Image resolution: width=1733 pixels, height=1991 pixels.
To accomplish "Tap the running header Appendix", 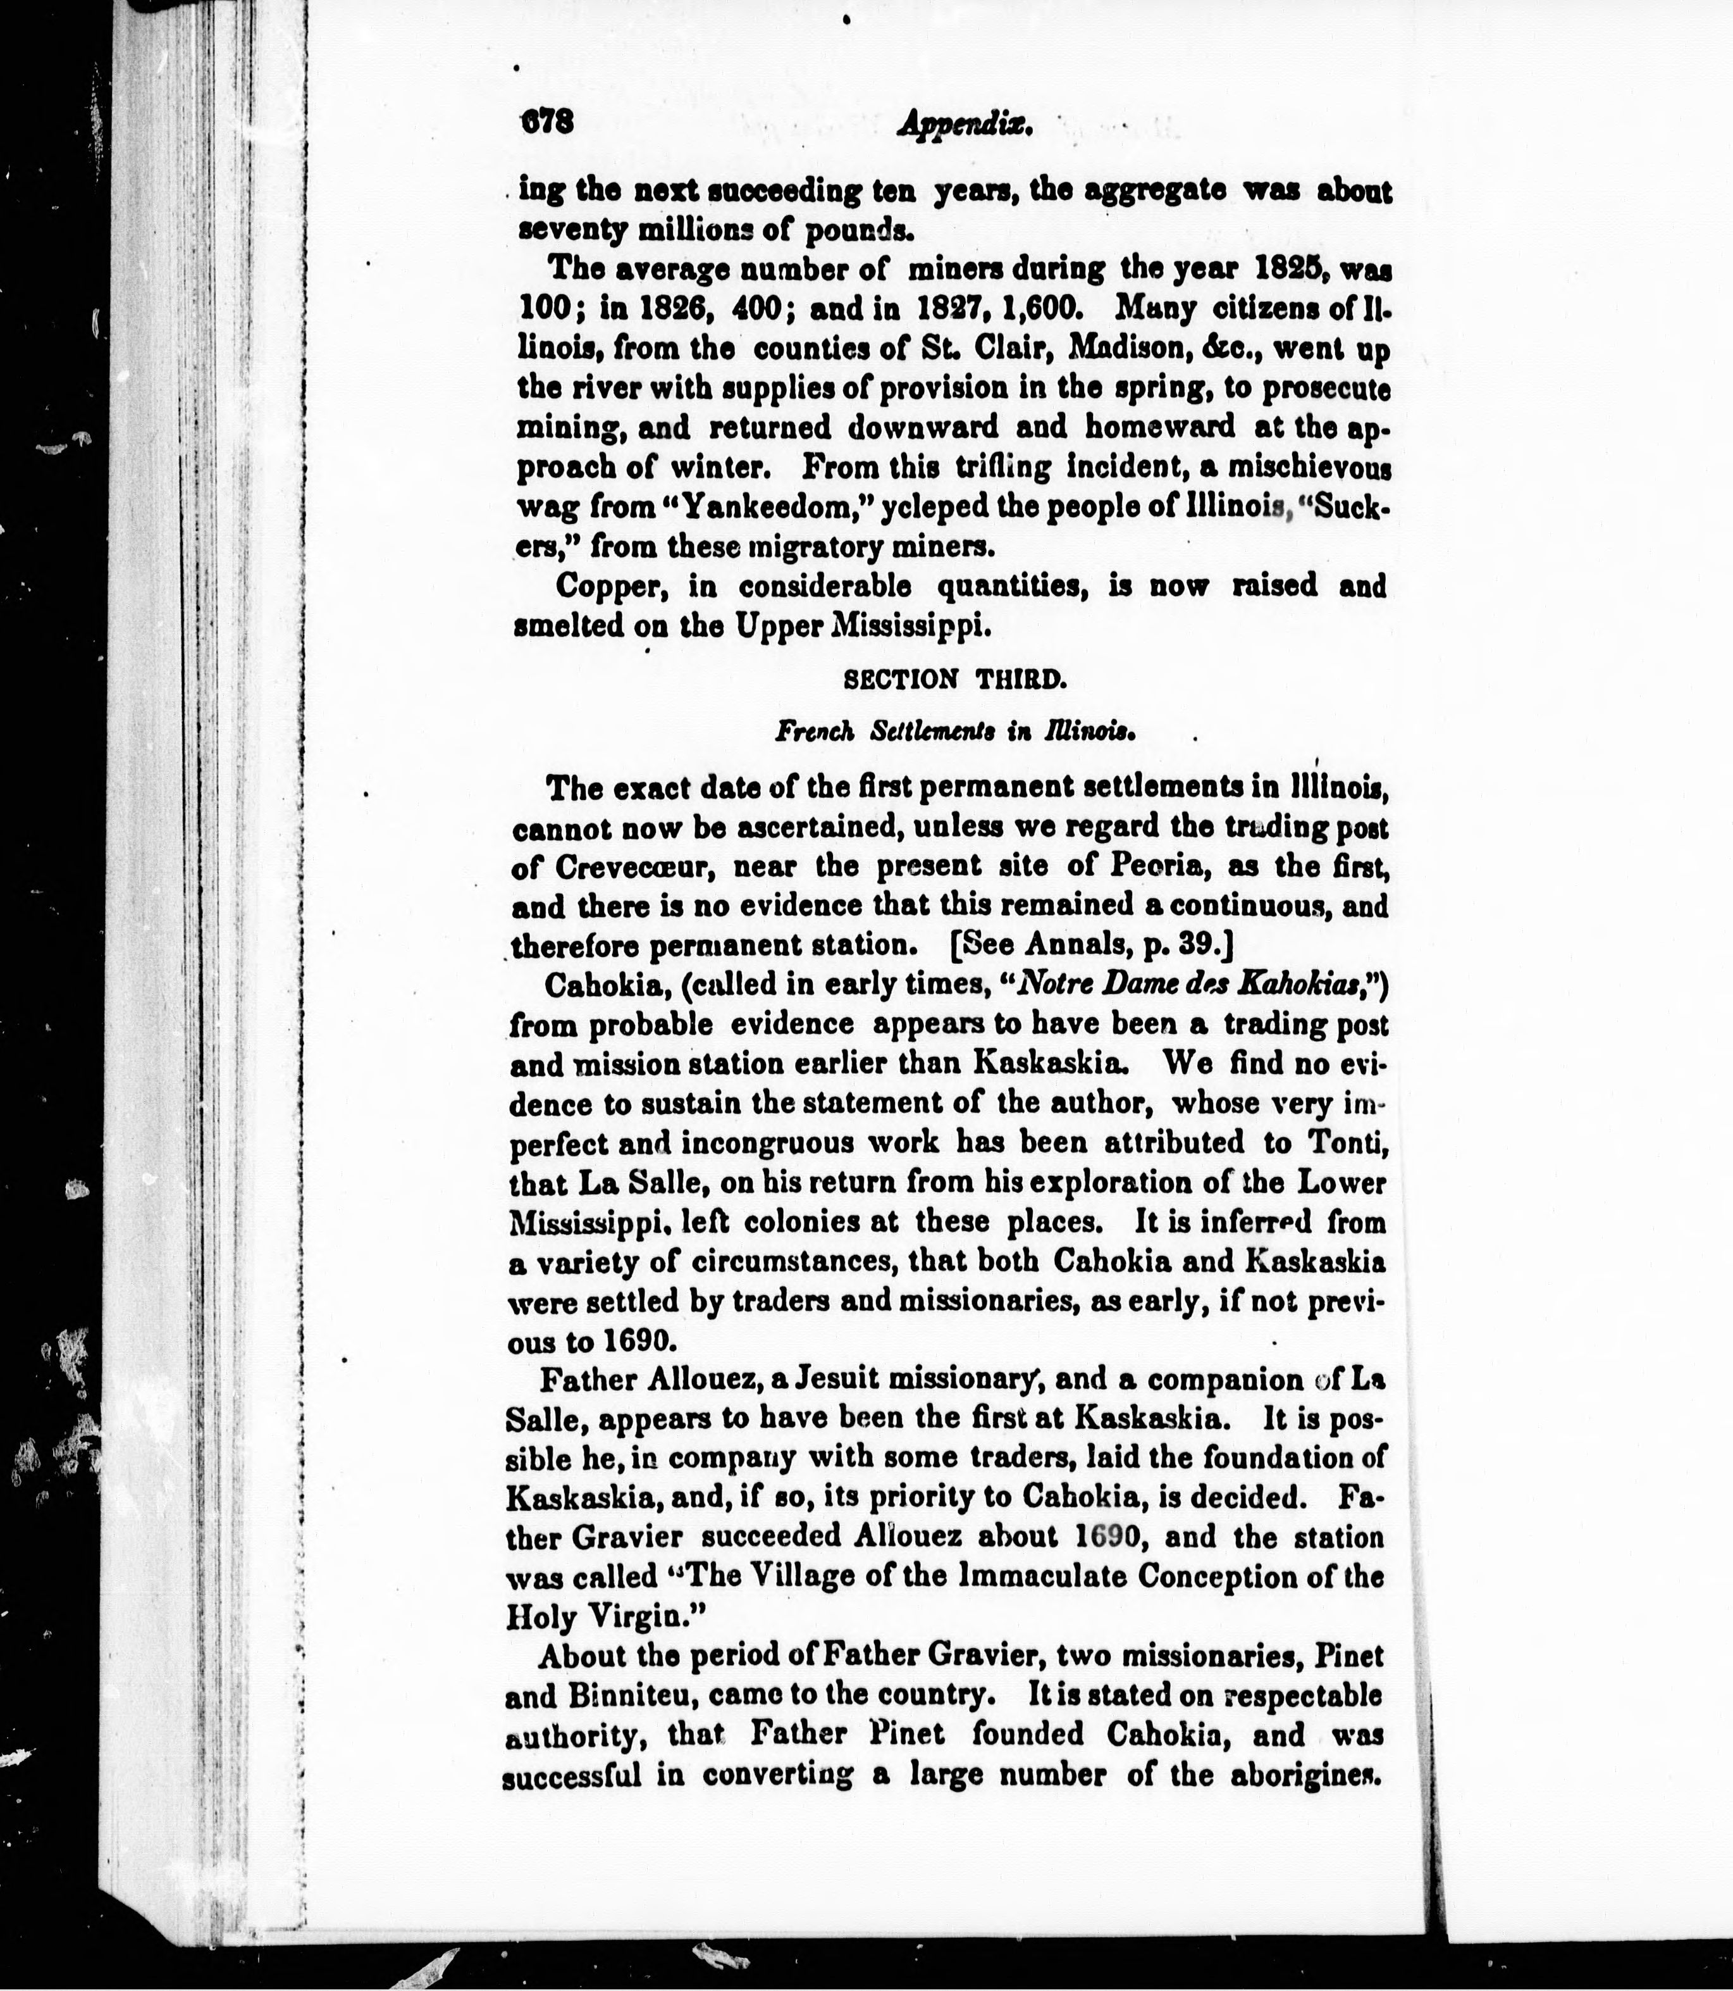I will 965,124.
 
